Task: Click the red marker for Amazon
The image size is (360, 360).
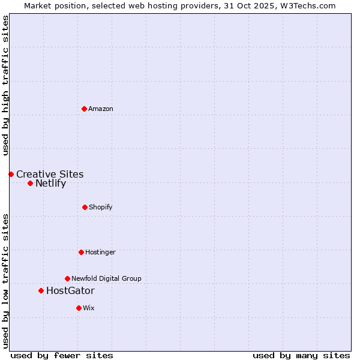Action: point(84,109)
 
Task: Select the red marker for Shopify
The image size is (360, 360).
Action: point(85,207)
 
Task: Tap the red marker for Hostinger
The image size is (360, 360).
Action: point(81,252)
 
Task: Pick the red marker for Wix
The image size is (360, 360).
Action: point(79,308)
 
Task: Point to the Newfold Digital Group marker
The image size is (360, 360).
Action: point(67,278)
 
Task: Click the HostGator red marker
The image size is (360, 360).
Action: point(41,290)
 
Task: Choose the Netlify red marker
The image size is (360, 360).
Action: point(30,183)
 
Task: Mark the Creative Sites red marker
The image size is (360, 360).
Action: point(11,174)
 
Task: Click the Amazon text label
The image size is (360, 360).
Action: point(101,109)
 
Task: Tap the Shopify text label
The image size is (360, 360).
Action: point(101,207)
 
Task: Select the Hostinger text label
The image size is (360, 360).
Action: point(100,252)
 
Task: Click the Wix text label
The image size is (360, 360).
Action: point(89,308)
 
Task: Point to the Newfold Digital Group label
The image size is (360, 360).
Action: point(106,278)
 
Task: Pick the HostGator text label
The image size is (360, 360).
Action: point(70,291)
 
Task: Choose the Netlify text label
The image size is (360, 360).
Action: point(50,184)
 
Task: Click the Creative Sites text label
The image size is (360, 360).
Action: point(50,175)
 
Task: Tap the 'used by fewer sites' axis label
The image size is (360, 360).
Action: point(62,355)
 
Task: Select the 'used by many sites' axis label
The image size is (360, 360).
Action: point(301,355)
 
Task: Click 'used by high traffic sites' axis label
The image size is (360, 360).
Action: point(5,86)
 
